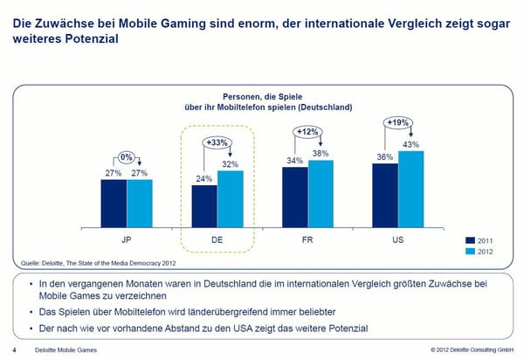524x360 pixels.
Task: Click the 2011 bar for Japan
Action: (114, 202)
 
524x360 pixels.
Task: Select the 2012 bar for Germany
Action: (230, 197)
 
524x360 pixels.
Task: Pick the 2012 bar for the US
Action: (411, 188)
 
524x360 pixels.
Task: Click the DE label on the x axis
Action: (217, 237)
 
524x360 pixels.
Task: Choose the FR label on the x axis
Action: (307, 237)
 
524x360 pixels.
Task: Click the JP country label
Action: (127, 237)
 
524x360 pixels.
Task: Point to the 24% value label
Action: (203, 178)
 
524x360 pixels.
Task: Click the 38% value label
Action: (321, 153)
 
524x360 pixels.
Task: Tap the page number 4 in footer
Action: (14, 350)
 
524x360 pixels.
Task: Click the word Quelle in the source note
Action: (31, 261)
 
